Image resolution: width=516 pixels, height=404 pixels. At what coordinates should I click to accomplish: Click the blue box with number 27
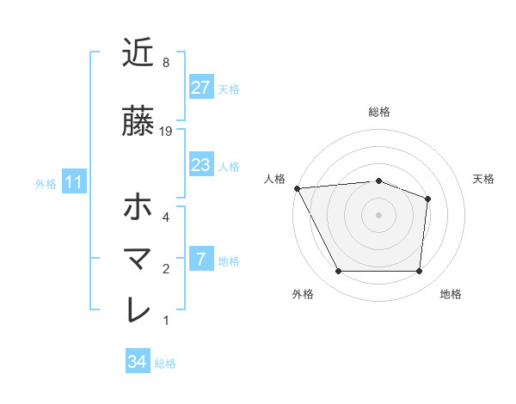pyautogui.click(x=200, y=88)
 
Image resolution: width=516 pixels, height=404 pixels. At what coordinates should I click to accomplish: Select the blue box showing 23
pyautogui.click(x=200, y=165)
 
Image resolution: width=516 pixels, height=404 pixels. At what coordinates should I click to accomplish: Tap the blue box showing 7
pyautogui.click(x=200, y=260)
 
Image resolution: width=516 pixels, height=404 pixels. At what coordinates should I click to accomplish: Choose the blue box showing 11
pyautogui.click(x=74, y=182)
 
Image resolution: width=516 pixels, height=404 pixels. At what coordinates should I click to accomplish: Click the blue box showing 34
pyautogui.click(x=138, y=362)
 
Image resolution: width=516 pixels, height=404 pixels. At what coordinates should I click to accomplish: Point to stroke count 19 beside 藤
pyautogui.click(x=167, y=131)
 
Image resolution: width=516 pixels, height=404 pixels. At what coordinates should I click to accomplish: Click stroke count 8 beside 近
pyautogui.click(x=166, y=63)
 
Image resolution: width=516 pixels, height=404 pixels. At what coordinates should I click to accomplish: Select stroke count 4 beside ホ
pyautogui.click(x=166, y=217)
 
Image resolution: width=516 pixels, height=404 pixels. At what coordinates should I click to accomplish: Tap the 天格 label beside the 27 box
pyautogui.click(x=229, y=89)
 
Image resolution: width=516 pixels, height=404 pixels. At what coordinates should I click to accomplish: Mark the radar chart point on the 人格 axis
pyautogui.click(x=297, y=188)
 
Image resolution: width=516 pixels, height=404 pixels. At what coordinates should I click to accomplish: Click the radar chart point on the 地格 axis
pyautogui.click(x=419, y=272)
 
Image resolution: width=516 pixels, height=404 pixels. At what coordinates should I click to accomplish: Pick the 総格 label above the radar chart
pyautogui.click(x=378, y=112)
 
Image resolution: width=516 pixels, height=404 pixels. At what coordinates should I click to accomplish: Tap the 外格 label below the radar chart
pyautogui.click(x=303, y=294)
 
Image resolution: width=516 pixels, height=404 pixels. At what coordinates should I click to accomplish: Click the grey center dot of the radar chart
pyautogui.click(x=378, y=214)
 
